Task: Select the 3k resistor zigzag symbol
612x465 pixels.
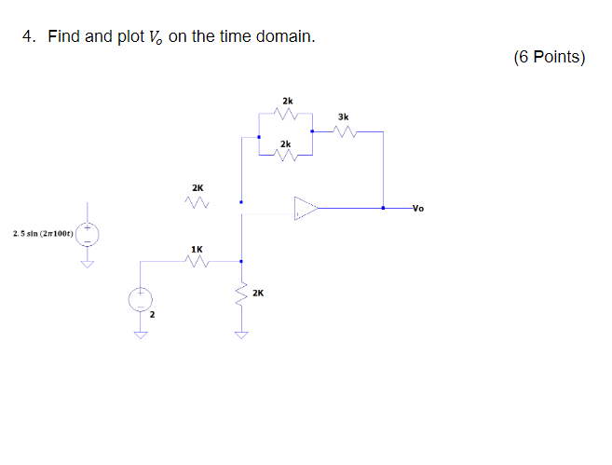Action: click(x=344, y=131)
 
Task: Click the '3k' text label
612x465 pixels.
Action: click(x=343, y=116)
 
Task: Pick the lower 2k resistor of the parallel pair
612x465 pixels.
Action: click(x=286, y=157)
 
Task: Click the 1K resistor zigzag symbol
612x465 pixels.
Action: click(x=196, y=263)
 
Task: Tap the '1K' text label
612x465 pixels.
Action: click(x=196, y=249)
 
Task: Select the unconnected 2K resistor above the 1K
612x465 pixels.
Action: click(x=196, y=201)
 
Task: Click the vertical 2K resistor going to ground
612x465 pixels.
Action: click(x=241, y=294)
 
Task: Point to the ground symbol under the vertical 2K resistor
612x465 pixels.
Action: click(x=241, y=335)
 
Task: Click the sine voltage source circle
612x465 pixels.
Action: click(x=89, y=233)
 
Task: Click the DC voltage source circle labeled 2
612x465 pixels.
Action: click(x=140, y=300)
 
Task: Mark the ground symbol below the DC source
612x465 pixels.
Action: click(x=140, y=335)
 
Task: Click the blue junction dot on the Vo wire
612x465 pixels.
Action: click(x=383, y=208)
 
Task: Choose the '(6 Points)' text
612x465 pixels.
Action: click(x=549, y=58)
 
